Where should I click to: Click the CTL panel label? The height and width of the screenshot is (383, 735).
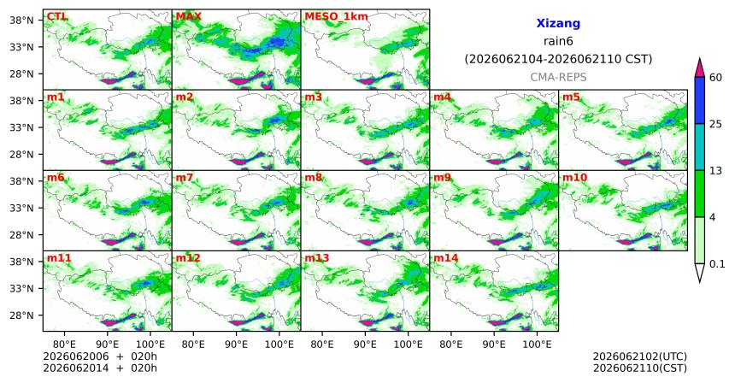[56, 17]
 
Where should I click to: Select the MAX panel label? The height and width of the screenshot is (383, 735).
[188, 17]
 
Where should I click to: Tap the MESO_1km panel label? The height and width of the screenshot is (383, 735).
[336, 17]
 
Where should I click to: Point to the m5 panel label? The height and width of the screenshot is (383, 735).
[571, 97]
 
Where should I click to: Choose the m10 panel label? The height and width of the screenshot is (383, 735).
[574, 178]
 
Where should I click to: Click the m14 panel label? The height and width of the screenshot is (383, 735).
[445, 258]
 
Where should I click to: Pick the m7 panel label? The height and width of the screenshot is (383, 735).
[185, 178]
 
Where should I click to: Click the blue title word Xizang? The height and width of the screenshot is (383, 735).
[558, 23]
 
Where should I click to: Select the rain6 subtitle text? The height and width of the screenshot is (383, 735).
[558, 41]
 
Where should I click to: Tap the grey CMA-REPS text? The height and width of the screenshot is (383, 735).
[558, 77]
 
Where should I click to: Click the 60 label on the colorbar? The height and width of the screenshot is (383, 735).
[715, 77]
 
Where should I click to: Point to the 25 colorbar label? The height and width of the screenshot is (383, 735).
[715, 124]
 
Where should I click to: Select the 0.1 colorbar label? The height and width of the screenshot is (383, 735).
[717, 264]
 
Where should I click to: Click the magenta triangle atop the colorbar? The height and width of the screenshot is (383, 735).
[699, 68]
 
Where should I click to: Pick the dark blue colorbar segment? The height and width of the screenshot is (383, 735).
[699, 100]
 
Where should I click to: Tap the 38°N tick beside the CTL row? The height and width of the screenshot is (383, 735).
[21, 21]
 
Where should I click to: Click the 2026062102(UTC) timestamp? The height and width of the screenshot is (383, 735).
[640, 357]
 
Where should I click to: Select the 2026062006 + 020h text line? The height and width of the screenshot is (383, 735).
[100, 356]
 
